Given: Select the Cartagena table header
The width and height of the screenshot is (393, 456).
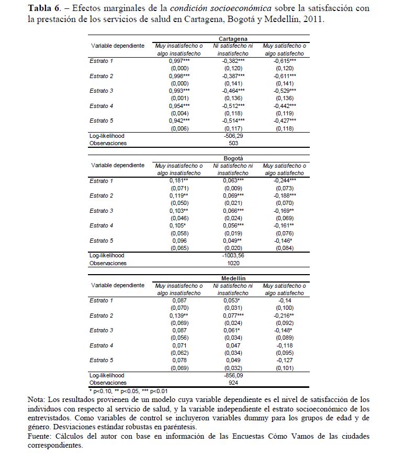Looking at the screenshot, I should [233, 38].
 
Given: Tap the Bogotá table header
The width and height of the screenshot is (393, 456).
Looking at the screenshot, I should [233, 158].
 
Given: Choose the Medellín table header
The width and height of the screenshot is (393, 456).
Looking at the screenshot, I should [233, 277].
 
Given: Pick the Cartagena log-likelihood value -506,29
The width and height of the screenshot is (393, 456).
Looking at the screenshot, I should [233, 135].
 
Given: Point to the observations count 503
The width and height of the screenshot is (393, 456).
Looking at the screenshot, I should [233, 143].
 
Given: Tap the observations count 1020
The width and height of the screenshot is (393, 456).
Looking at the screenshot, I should [233, 263].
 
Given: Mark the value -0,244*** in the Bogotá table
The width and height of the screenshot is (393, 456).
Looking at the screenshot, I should [285, 181].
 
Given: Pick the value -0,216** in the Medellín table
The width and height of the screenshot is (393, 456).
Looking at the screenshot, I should [285, 316].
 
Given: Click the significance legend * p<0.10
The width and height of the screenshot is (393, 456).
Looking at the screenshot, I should [103, 391].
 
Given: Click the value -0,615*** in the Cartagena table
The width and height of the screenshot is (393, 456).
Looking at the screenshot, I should [285, 61].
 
